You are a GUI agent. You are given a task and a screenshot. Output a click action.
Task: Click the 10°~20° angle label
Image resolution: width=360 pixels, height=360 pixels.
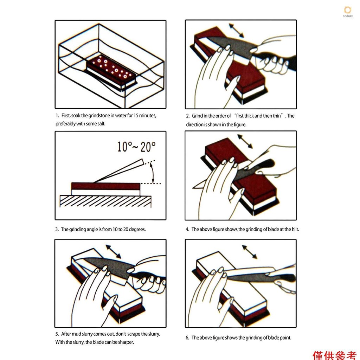pos(136,147)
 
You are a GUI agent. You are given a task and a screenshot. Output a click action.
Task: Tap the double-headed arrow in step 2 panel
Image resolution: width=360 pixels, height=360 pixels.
pos(237,30)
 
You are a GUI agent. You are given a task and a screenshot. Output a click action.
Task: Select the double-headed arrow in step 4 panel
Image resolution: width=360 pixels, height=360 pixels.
pos(245,141)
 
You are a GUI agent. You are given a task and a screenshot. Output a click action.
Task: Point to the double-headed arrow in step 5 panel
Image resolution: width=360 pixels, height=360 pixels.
pos(113,252)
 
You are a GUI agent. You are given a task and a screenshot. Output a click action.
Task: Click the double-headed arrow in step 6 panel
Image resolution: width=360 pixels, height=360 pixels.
pos(250,252)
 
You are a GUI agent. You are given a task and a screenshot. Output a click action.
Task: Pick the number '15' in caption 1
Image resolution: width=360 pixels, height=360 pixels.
pos(136,115)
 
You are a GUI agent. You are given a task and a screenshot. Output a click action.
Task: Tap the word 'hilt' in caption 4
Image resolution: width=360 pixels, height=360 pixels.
pos(295,229)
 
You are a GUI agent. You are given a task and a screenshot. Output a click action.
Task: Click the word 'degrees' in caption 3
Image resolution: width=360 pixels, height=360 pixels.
pos(137,229)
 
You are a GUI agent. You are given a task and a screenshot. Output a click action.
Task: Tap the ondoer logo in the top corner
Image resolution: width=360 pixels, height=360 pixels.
pos(348,12)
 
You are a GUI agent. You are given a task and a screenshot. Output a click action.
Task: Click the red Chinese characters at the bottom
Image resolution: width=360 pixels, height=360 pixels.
pos(335,355)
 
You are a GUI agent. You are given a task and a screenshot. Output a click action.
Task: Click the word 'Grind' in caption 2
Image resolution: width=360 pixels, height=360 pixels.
pos(197,116)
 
